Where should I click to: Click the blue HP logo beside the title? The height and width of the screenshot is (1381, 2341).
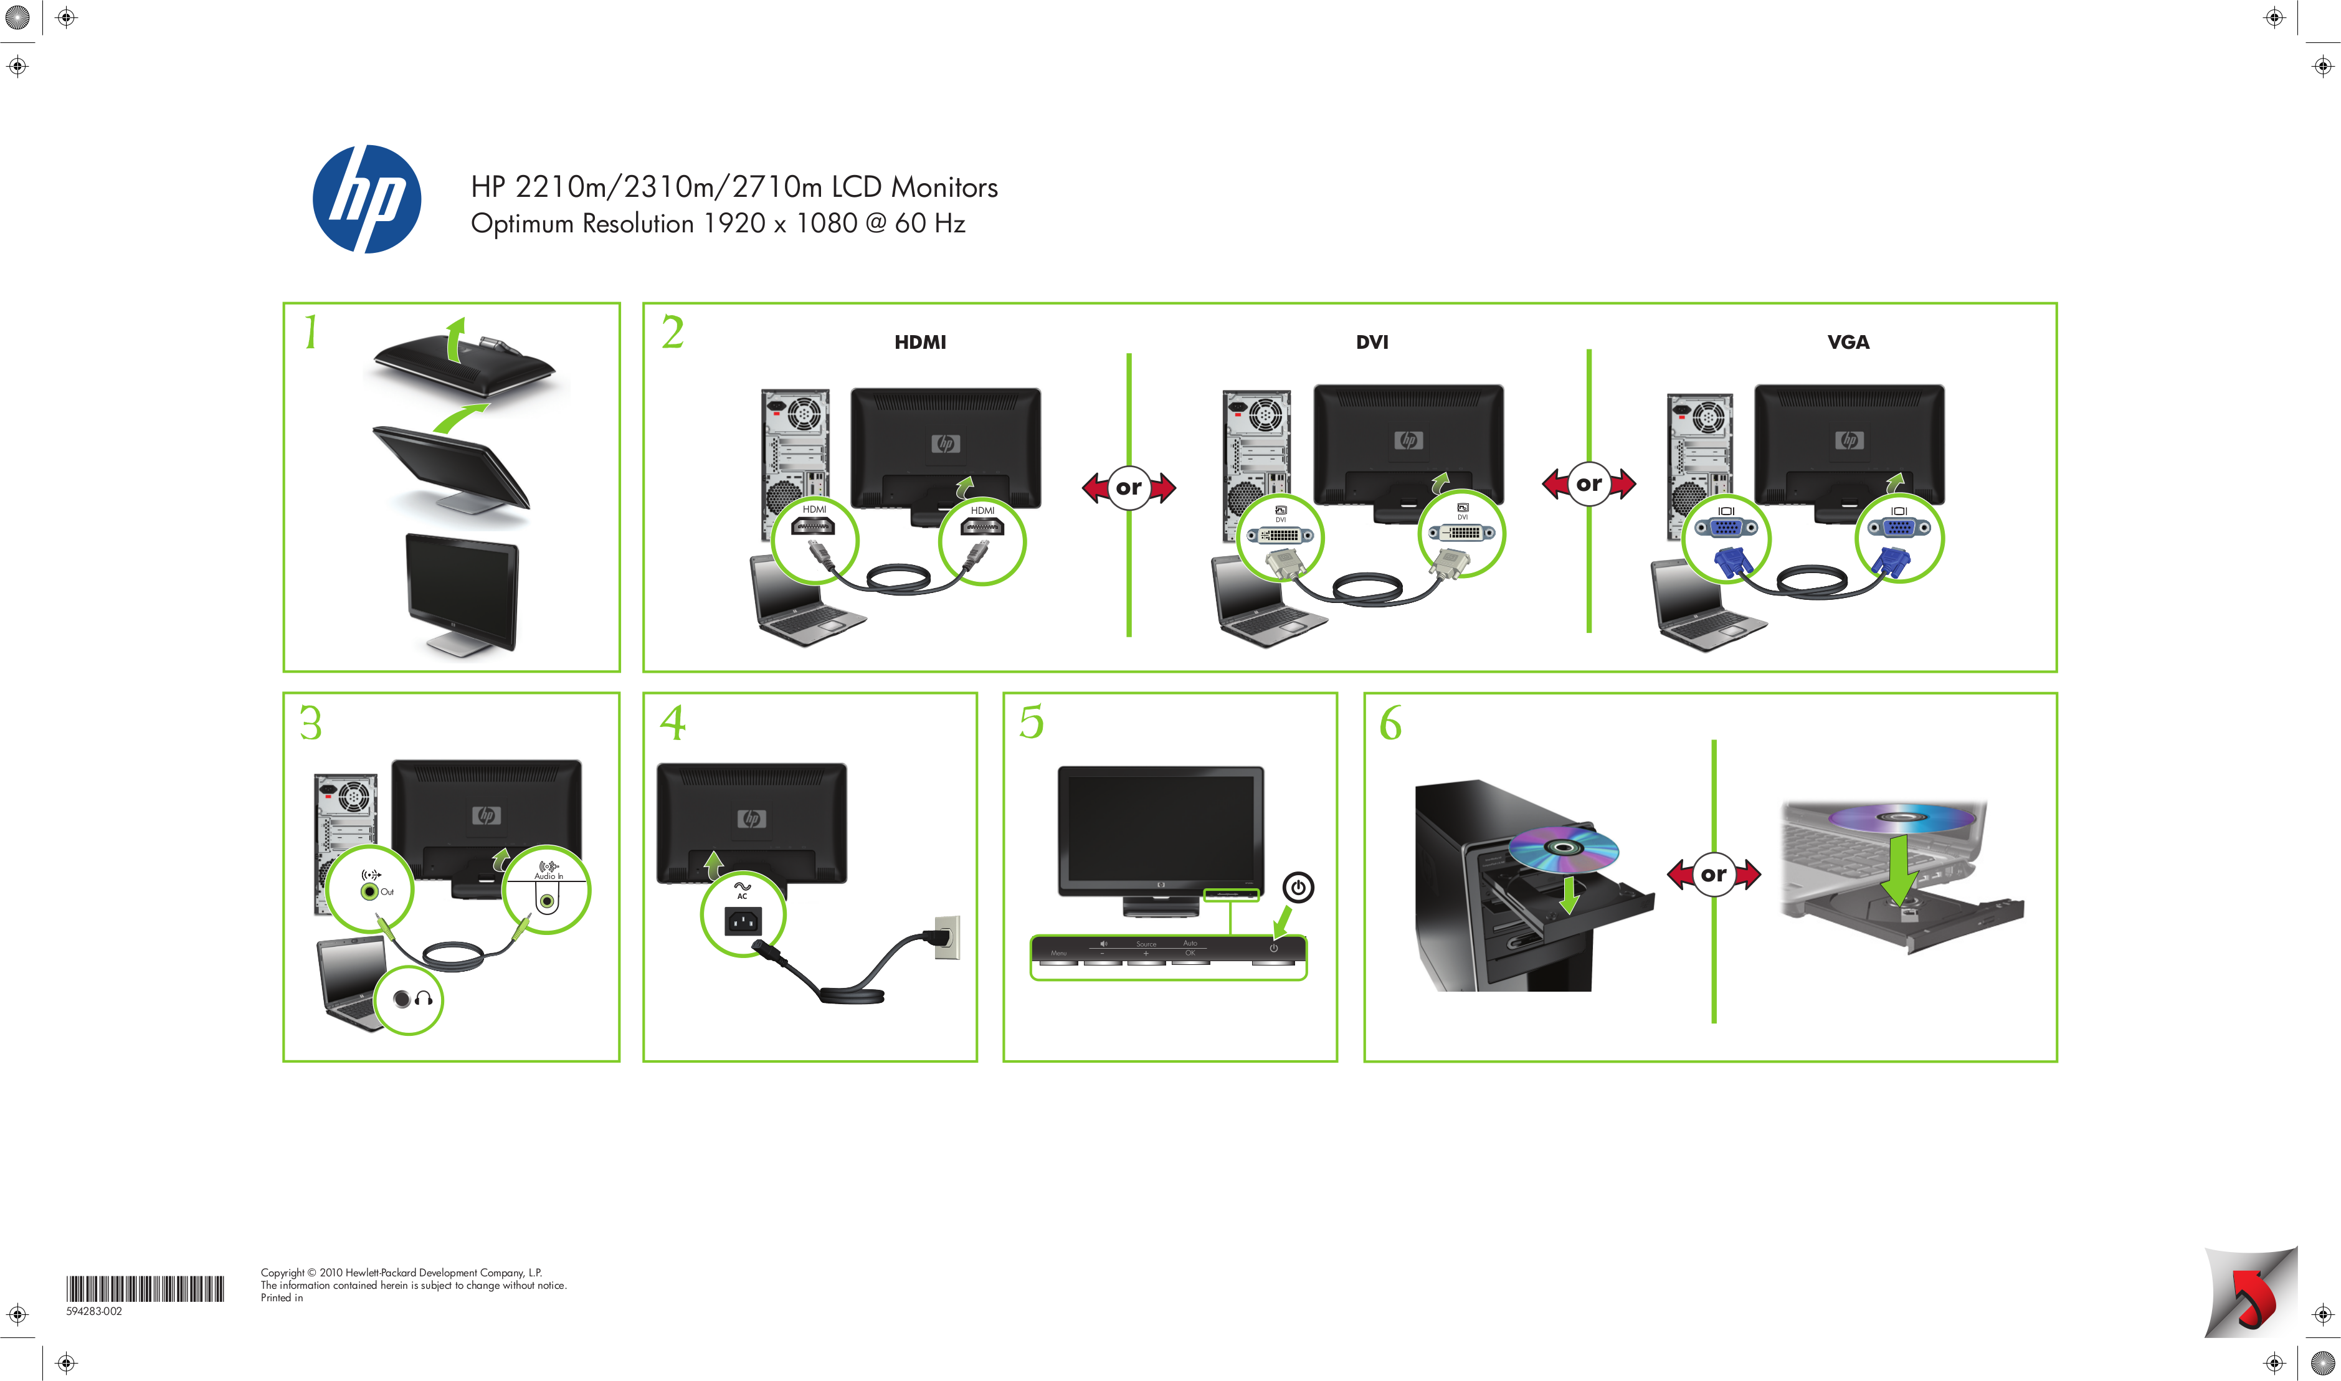pyautogui.click(x=366, y=199)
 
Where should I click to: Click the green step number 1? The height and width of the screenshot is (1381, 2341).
pyautogui.click(x=311, y=332)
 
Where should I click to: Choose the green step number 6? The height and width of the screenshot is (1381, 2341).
pyautogui.click(x=1390, y=723)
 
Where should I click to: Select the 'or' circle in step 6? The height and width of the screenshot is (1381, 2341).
pyautogui.click(x=1713, y=875)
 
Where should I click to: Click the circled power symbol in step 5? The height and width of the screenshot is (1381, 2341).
pyautogui.click(x=1298, y=887)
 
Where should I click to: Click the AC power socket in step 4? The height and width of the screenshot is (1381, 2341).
pyautogui.click(x=743, y=921)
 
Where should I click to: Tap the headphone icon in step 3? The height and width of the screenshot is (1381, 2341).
pyautogui.click(x=424, y=999)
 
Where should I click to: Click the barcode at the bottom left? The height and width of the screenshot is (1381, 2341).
pyautogui.click(x=145, y=1289)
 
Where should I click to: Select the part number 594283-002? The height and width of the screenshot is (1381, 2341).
pyautogui.click(x=94, y=1311)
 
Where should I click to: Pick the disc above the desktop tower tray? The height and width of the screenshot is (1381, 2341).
pyautogui.click(x=1563, y=848)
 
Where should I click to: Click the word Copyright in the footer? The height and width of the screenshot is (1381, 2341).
pyautogui.click(x=282, y=1272)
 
